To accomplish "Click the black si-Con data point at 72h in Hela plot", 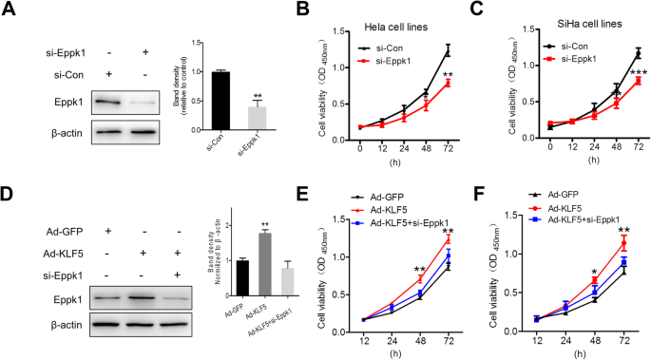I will coord(446,49).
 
